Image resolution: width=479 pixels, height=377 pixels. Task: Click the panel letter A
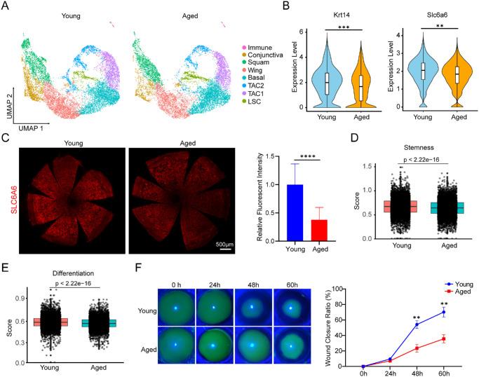(x=9, y=8)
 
